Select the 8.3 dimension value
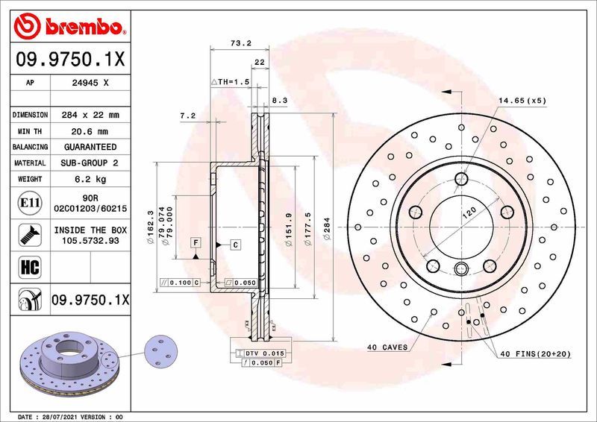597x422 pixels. coord(278,99)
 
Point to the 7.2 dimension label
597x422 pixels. coord(187,116)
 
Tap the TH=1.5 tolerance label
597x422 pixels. coord(229,81)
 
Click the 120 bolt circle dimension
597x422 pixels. coord(469,213)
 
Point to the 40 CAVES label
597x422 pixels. coord(387,347)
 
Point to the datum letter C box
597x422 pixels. coord(234,245)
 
